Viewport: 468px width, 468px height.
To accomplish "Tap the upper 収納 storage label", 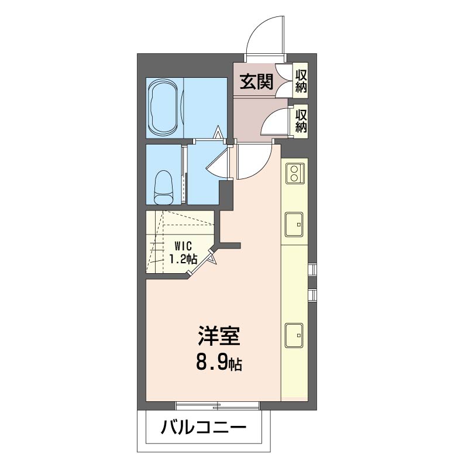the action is [x=301, y=81].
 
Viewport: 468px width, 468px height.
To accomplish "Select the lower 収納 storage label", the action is [x=301, y=121].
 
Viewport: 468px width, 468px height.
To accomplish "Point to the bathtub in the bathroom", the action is [x=164, y=108].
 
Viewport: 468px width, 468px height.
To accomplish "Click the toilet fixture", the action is [x=164, y=187].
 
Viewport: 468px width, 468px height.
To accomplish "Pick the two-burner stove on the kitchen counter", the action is [x=295, y=173].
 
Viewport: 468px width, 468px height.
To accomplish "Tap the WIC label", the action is [x=183, y=246].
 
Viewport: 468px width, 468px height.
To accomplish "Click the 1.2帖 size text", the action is [x=183, y=259].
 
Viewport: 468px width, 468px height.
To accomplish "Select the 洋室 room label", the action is [x=219, y=336].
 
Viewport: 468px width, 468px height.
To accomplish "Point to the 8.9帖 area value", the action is [x=219, y=363].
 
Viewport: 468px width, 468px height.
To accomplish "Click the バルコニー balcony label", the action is [x=204, y=428].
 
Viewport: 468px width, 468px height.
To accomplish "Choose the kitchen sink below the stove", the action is [x=294, y=224].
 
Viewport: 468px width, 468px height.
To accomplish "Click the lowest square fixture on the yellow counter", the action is [x=294, y=335].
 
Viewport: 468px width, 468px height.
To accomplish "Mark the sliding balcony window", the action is [x=218, y=405].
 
